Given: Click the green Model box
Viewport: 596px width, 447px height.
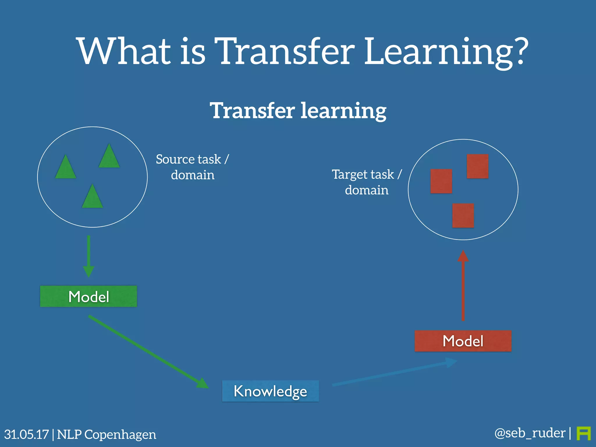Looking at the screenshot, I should click(x=88, y=296).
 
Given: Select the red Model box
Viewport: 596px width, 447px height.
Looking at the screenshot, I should click(x=463, y=341).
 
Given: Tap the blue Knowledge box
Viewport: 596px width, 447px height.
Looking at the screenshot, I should click(x=270, y=391).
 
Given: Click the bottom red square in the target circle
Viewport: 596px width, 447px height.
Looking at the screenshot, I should click(x=463, y=215).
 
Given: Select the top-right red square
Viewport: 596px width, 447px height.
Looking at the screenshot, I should click(x=478, y=166).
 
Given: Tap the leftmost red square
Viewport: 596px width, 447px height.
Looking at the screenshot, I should click(x=441, y=181).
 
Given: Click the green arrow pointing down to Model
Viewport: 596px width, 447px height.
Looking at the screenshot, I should click(x=88, y=256).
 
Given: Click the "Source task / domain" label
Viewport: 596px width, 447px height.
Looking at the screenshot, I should click(x=192, y=167).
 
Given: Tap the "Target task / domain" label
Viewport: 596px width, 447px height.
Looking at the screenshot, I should click(x=367, y=182).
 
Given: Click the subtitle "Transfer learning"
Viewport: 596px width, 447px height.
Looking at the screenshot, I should click(x=298, y=111).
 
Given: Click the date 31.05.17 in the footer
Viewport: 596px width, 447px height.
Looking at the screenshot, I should click(x=26, y=434).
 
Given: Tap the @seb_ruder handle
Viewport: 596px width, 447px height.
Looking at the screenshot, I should click(x=530, y=433).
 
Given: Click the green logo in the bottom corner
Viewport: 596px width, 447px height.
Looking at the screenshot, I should click(x=583, y=433).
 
